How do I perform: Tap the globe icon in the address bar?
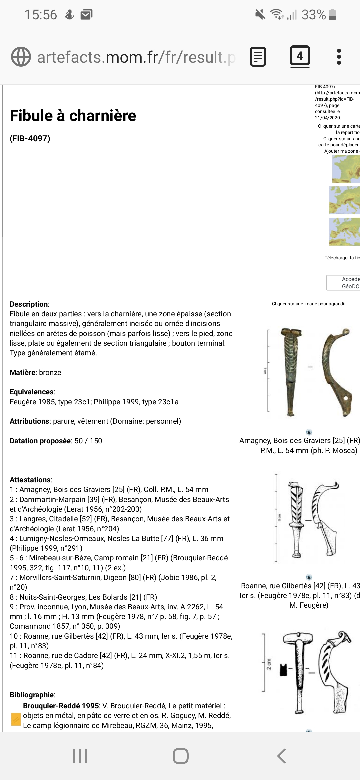coord(21,57)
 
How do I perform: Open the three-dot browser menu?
coord(339,57)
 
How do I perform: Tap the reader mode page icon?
coord(258,57)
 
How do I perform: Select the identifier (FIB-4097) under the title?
coord(30,138)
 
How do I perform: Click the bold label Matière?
coord(23,372)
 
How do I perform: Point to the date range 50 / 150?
coord(88,441)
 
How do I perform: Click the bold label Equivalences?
coord(32,392)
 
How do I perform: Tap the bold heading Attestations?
coord(30,480)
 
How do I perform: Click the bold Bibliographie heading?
coord(32,695)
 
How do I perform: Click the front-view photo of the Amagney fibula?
coord(291,372)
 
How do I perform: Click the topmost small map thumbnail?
coord(346,169)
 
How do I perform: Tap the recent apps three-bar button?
coord(80,756)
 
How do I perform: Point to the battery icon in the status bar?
coord(332,15)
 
